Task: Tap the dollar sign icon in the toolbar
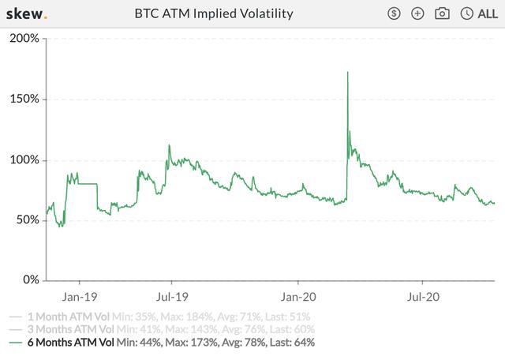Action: click(x=395, y=13)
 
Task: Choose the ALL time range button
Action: click(x=480, y=13)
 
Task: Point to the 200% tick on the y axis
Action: click(x=24, y=39)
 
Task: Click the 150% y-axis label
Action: click(x=24, y=99)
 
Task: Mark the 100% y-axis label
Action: click(x=24, y=159)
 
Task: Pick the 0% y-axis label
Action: click(x=30, y=279)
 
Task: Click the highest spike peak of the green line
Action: click(x=347, y=73)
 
